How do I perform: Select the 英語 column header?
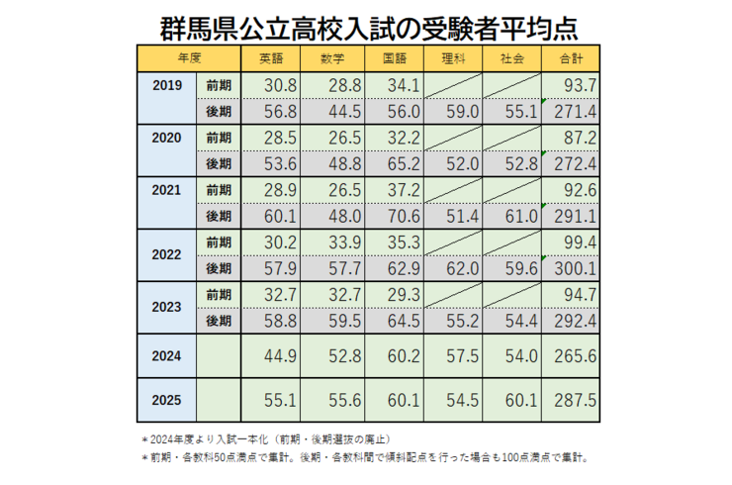[271, 57]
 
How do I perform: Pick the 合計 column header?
[572, 57]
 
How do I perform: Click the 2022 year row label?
[168, 254]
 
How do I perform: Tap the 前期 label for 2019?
[219, 86]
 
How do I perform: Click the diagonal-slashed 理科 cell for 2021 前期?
[454, 190]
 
